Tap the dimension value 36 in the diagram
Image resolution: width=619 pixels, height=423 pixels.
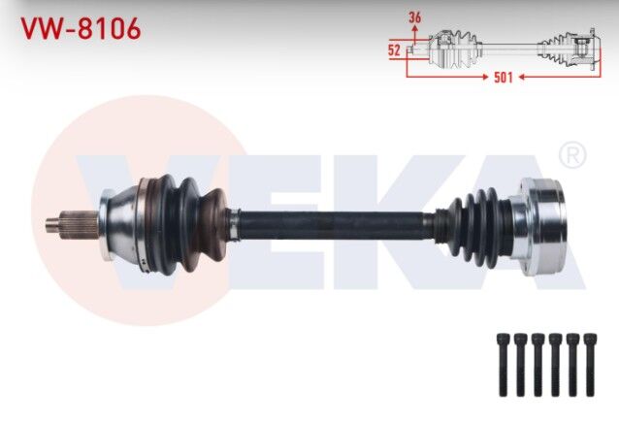416,17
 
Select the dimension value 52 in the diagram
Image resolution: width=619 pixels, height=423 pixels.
395,48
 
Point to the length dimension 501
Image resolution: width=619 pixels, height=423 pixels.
502,78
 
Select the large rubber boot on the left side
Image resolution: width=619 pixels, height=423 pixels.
184,221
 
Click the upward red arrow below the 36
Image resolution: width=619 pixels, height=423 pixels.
415,32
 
